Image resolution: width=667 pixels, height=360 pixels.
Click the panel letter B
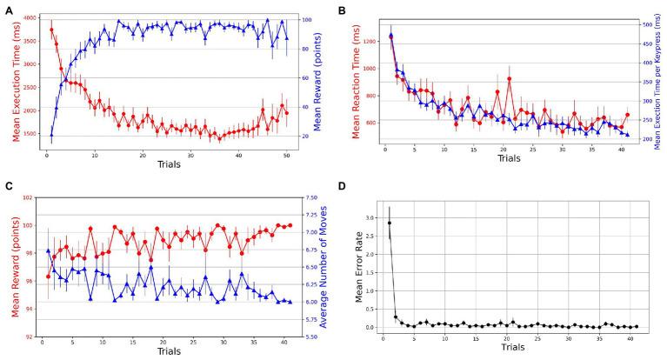[x=343, y=10]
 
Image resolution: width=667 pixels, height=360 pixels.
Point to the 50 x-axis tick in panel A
[x=287, y=155]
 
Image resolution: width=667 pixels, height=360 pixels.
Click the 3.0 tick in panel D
[x=370, y=217]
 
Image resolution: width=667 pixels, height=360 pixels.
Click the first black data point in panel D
[x=389, y=223]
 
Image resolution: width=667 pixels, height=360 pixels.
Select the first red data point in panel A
[x=51, y=30]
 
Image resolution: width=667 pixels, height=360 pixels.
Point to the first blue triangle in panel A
[x=51, y=136]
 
